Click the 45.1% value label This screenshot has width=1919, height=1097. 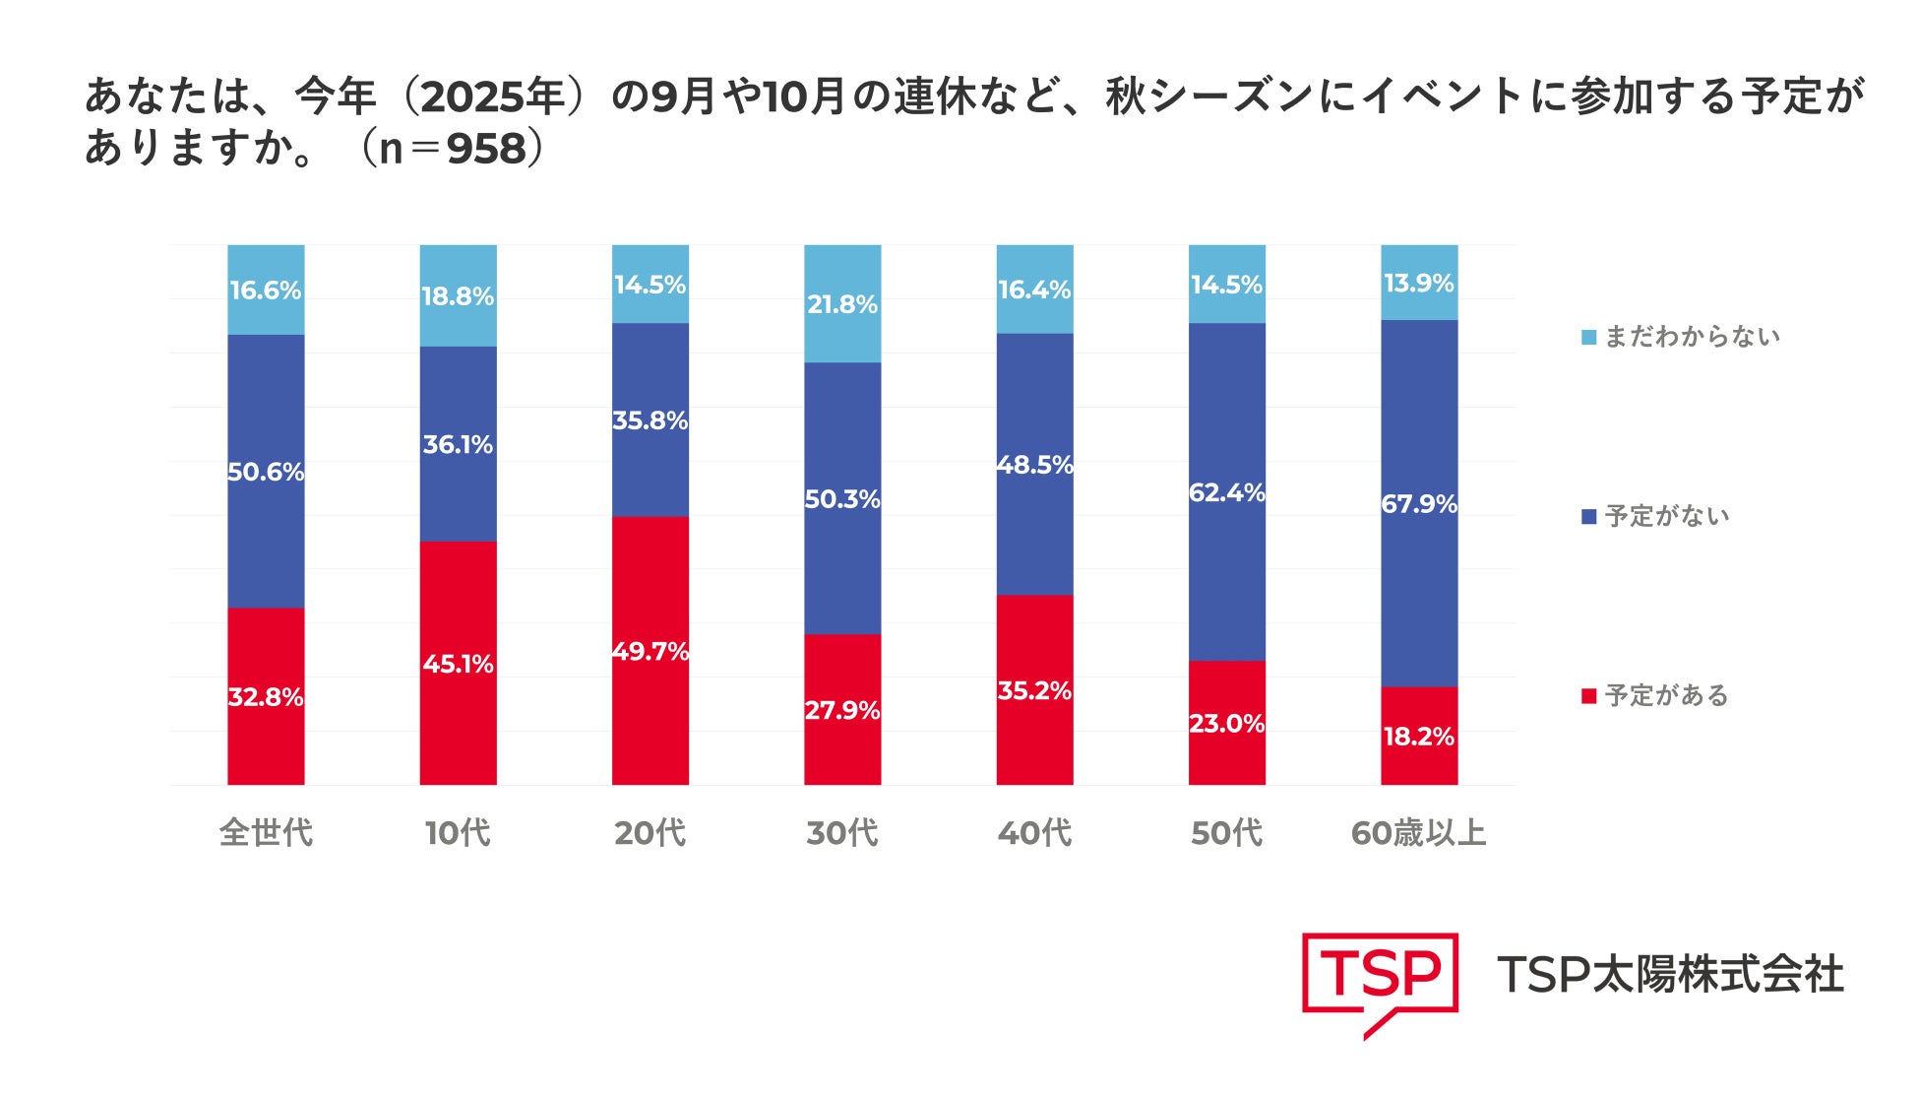click(458, 664)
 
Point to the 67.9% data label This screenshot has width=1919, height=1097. click(1418, 504)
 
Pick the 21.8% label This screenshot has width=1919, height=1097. click(842, 304)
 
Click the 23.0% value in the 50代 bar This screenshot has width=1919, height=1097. click(1226, 724)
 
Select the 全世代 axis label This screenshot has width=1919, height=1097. click(266, 833)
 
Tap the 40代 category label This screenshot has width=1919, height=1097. click(1034, 833)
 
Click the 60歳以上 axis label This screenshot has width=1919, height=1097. click(1418, 833)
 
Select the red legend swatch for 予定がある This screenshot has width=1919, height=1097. click(1588, 696)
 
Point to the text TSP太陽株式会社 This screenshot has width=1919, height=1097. click(1670, 975)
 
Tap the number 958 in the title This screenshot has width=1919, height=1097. click(486, 149)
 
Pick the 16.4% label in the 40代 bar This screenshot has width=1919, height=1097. click(1034, 290)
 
